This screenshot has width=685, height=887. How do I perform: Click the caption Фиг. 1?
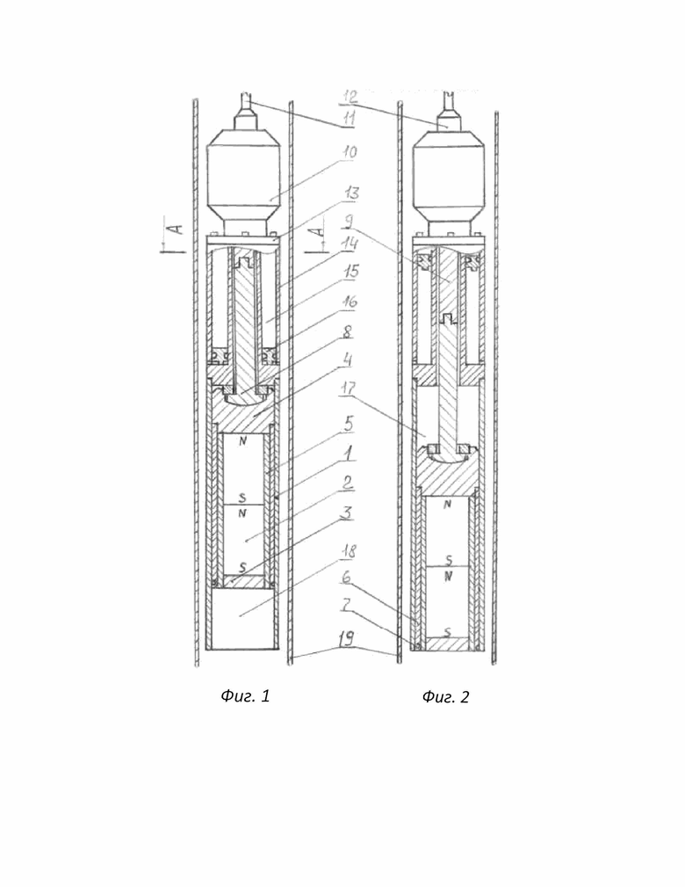point(245,695)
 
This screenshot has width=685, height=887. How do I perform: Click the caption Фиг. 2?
point(445,696)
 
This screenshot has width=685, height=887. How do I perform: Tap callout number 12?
point(350,96)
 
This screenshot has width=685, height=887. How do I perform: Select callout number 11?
point(350,118)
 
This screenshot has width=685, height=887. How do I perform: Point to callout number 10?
point(350,151)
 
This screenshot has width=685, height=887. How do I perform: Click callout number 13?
point(351,193)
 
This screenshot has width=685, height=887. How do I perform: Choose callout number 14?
point(350,244)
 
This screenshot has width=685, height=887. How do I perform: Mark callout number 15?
point(351,271)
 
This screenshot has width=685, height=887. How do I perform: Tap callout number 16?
point(350,301)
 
